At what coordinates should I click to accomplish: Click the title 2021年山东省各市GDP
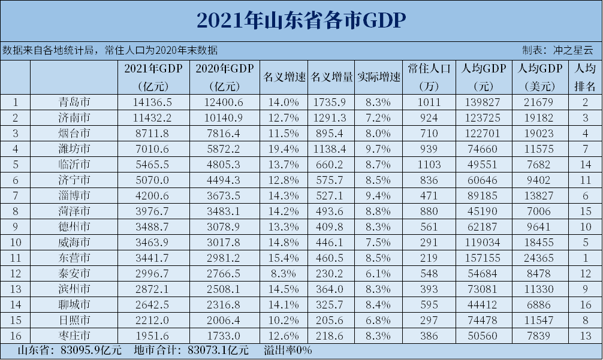(301, 20)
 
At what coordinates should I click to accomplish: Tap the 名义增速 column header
(285, 77)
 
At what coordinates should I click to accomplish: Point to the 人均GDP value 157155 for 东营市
(484, 258)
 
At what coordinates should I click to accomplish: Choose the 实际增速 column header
(378, 77)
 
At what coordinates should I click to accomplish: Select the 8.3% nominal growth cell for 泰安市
(285, 273)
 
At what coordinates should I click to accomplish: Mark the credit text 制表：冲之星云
(557, 50)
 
